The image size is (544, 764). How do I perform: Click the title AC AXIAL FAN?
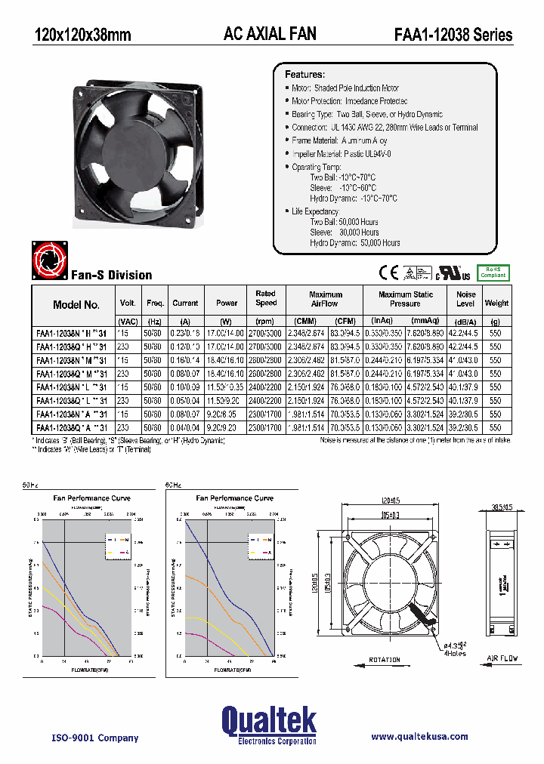[270, 33]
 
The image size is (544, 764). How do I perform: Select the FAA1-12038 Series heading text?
[453, 34]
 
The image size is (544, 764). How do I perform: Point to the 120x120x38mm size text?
[82, 35]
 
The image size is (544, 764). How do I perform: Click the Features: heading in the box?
[304, 75]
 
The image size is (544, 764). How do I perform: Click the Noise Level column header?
[465, 299]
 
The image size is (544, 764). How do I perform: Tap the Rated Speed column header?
[266, 298]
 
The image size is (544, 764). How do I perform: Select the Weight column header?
[496, 303]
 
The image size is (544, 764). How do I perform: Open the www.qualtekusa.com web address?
[419, 736]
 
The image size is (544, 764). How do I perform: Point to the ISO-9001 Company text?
[95, 738]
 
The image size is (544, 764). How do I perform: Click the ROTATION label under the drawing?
[385, 659]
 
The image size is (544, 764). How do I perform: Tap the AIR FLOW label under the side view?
[502, 659]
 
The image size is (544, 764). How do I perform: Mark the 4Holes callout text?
[455, 653]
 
